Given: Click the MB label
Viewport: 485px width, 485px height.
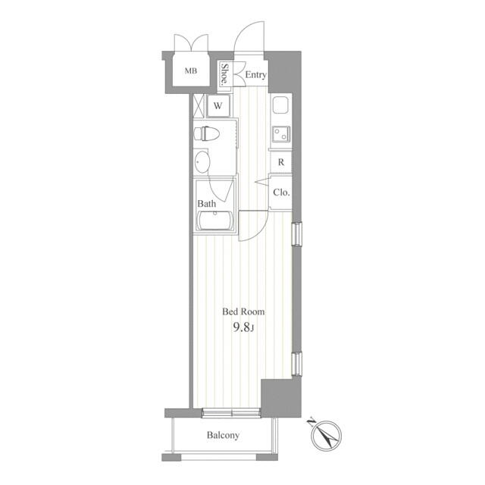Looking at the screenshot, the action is pos(190,70).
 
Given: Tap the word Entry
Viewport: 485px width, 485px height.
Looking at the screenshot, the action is pos(256,75).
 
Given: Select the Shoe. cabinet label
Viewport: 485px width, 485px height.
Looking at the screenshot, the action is pos(224,74).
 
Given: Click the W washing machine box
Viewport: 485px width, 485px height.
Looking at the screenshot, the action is pos(218,106).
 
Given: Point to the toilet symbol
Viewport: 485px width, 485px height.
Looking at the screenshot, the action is pos(206,133).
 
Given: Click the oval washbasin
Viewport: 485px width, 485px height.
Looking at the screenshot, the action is pos(202,162).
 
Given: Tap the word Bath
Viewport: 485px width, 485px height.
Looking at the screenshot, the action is pos(207,204).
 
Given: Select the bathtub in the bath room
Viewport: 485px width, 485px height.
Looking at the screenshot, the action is pos(215,221).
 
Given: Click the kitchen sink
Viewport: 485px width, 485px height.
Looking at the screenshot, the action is pos(280,105).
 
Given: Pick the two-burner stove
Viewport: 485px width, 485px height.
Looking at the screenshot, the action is pos(281,134).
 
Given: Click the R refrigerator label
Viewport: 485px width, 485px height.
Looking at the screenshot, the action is pos(281,162).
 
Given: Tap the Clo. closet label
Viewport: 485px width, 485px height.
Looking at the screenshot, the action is pos(281,192).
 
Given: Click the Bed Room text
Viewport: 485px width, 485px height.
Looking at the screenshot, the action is pos(243,311).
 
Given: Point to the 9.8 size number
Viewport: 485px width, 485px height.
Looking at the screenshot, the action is pos(241,327).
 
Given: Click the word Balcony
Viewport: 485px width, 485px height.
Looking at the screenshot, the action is pos(223,435).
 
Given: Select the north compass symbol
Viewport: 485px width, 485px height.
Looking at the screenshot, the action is pos(325,434).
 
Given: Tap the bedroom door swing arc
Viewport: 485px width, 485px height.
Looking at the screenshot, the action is pos(260,230).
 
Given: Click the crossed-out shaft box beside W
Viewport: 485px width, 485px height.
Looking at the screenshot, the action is pos(199,106).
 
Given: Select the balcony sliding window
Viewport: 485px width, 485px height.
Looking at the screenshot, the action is pos(231,413).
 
